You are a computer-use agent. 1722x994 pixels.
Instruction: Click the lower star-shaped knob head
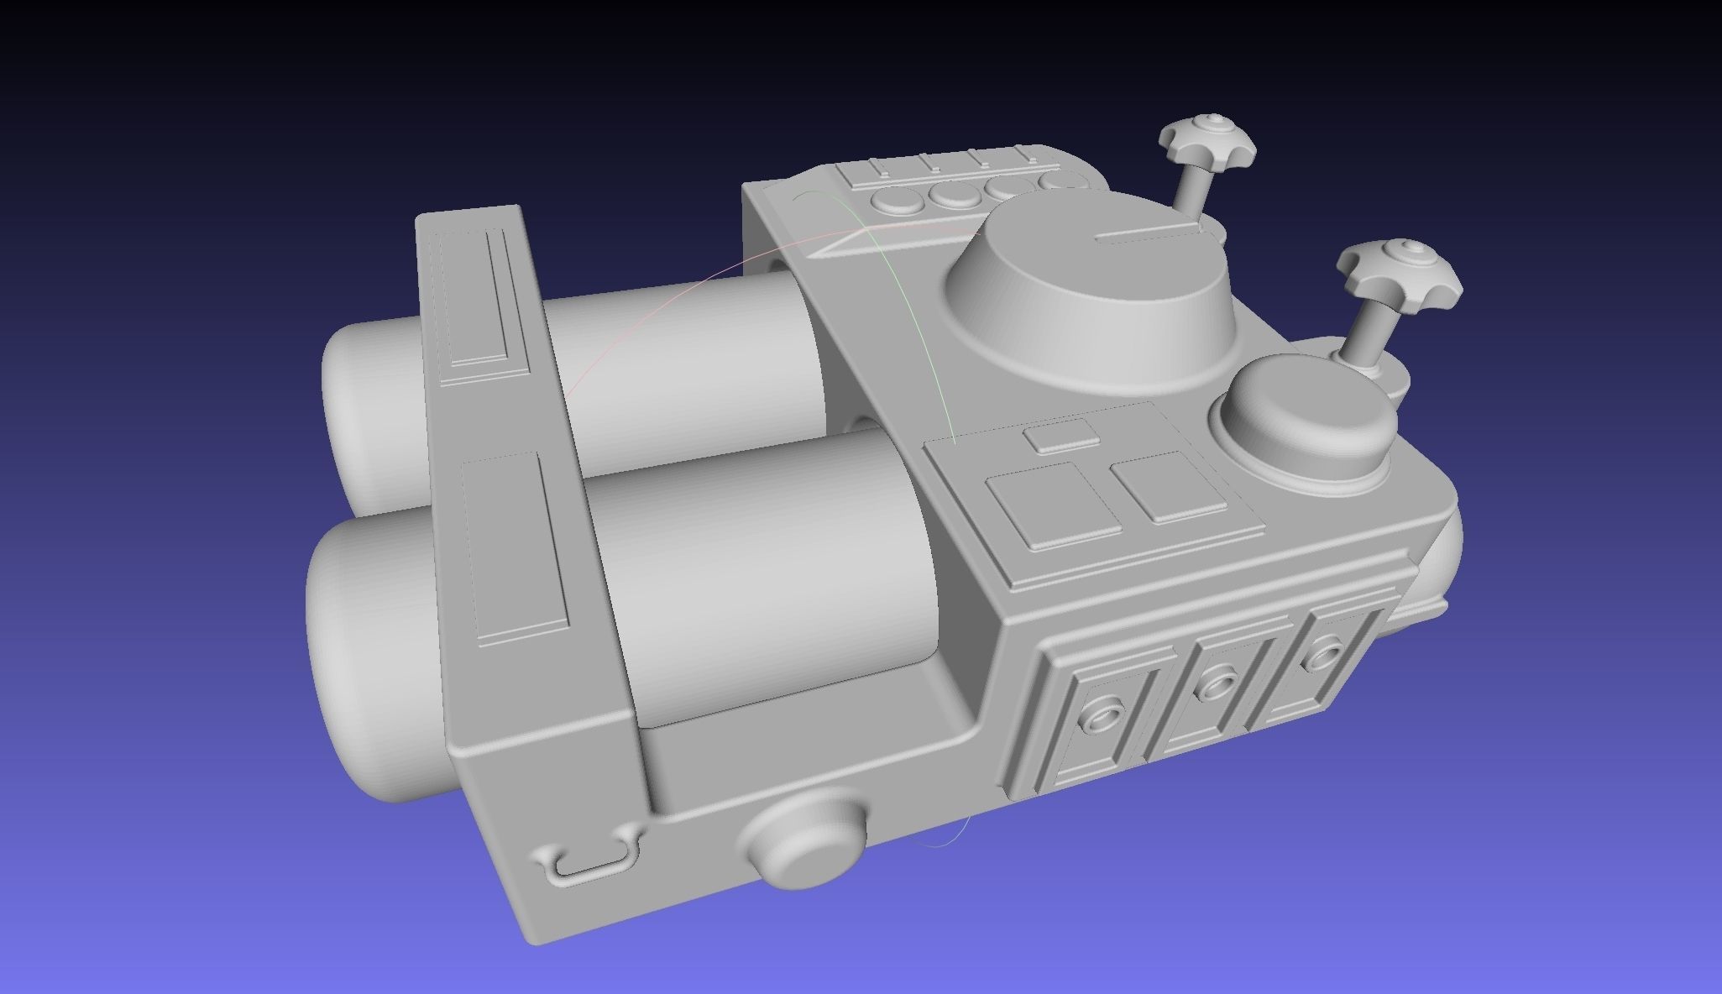(1400, 268)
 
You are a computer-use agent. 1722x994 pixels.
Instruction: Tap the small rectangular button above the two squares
(1061, 437)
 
